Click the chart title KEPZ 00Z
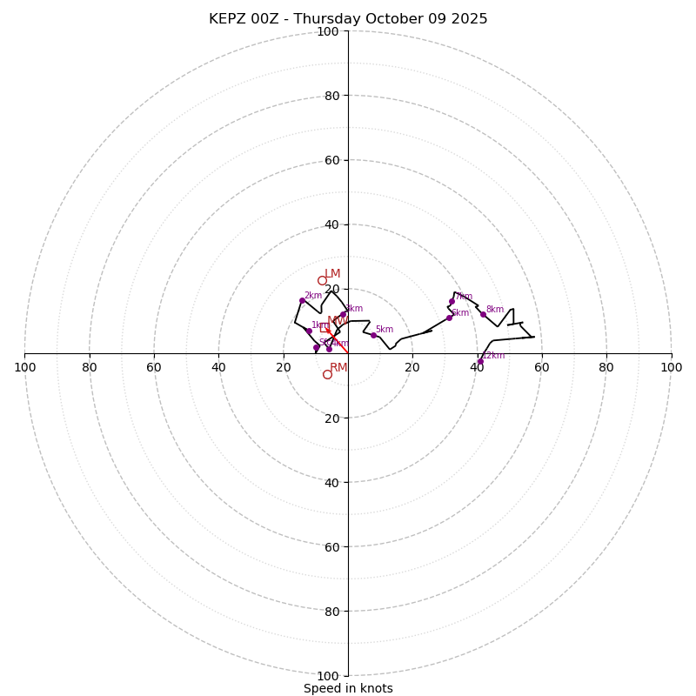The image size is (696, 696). click(348, 19)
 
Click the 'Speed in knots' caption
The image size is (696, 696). click(348, 688)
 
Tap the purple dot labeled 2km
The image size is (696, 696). click(302, 300)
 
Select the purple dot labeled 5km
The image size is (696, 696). click(373, 335)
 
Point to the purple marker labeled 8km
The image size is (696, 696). click(483, 314)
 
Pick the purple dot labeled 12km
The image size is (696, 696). click(479, 361)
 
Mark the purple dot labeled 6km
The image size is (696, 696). click(449, 318)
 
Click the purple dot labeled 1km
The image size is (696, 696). click(309, 331)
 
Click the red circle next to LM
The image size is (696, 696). click(322, 280)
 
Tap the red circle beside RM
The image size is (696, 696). click(327, 374)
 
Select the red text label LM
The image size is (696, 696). click(332, 274)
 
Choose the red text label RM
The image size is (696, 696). click(338, 367)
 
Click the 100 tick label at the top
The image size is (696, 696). click(328, 31)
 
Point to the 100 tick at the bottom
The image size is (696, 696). click(328, 675)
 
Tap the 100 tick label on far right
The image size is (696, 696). click(671, 367)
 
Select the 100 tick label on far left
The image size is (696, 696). click(25, 367)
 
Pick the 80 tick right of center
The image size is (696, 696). click(606, 367)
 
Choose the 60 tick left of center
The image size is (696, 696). click(154, 367)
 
